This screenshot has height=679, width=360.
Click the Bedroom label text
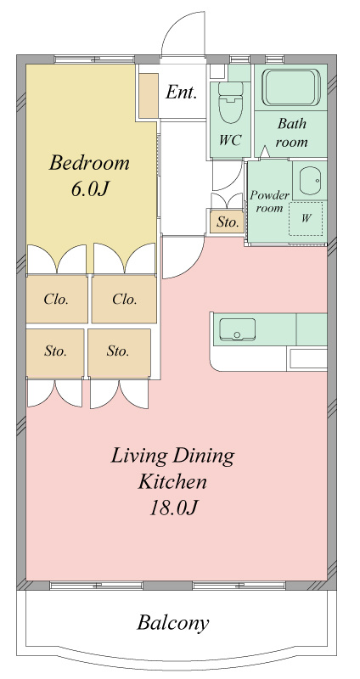pos(89,163)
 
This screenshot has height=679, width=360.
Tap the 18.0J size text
pos(173,508)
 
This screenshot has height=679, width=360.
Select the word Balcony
pos(173,623)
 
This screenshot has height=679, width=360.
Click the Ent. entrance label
pos(182,92)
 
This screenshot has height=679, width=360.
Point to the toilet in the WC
pos(230,103)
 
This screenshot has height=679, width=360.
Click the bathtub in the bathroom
pos(291,87)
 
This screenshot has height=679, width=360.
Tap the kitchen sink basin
pos(237,329)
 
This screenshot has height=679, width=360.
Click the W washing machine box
pos(306,219)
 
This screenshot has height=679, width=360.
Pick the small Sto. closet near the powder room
pos(227,222)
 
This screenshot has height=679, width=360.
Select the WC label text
pos(230,140)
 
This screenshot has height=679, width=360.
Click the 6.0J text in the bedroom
pos(89,189)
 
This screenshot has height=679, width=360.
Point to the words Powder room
pos(269,201)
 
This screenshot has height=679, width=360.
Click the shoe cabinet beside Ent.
pos(149,96)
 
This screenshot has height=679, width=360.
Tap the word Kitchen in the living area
pos(172,481)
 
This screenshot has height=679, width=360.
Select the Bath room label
pos(291,132)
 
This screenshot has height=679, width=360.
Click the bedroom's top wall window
pos(94,59)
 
